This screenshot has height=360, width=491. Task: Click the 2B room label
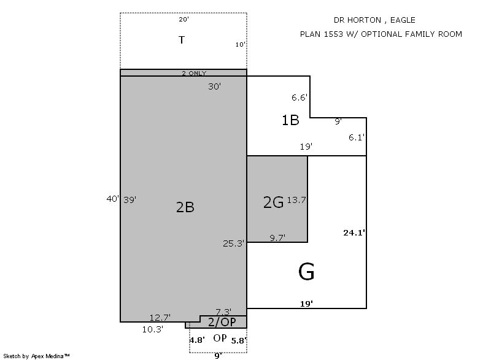[185, 207]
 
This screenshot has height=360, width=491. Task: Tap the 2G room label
[273, 202]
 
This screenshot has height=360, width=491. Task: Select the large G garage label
[306, 272]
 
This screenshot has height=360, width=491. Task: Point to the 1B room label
[290, 120]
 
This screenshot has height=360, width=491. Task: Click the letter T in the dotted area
[182, 40]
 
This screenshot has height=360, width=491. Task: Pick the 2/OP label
[222, 322]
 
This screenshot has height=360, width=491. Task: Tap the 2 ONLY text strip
[194, 73]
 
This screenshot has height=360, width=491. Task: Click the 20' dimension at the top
[184, 20]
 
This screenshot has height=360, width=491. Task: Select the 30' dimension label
[214, 86]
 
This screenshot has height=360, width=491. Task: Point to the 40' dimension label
[113, 199]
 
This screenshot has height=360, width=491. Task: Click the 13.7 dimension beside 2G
[296, 200]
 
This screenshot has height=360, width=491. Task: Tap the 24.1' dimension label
[354, 232]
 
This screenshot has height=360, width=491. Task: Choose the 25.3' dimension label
[234, 243]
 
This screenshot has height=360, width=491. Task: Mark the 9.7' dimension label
[277, 238]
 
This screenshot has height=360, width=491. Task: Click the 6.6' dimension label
[300, 98]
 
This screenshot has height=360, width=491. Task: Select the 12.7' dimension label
[160, 318]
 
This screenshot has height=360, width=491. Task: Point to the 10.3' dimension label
[153, 329]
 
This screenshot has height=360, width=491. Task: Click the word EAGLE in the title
[403, 20]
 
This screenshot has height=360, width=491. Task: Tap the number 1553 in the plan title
[333, 34]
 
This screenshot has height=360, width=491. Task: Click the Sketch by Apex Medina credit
[36, 356]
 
